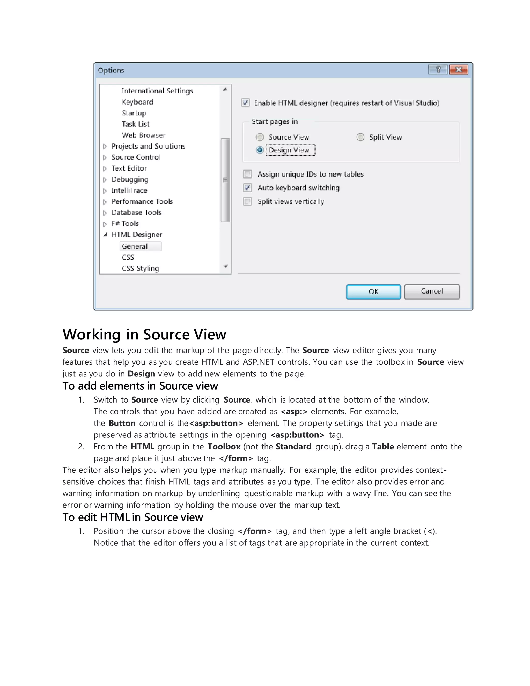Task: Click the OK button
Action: point(373,292)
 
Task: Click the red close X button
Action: point(458,70)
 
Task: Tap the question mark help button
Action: point(438,70)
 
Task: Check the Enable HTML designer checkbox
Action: point(246,103)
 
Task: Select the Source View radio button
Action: point(260,137)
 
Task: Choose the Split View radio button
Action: point(360,137)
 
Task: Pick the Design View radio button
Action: point(260,150)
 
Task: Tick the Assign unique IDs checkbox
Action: point(247,174)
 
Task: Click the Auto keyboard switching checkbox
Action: point(247,188)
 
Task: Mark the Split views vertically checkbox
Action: point(247,201)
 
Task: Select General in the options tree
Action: point(135,246)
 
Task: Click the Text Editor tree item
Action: point(129,168)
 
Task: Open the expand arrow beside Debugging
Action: point(105,180)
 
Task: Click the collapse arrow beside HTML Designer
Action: point(105,235)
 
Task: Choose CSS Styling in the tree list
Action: point(140,268)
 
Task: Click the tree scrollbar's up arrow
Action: point(225,90)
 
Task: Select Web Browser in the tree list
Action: point(143,135)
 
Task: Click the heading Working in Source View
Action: point(144,334)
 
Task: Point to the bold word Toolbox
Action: point(224,447)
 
